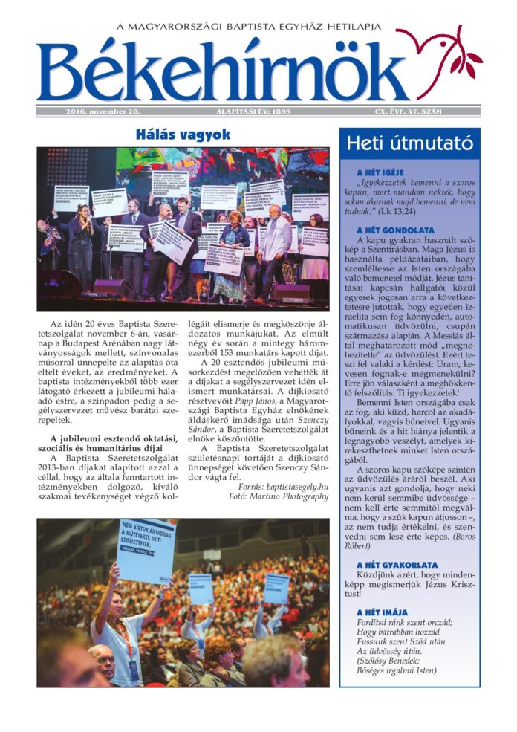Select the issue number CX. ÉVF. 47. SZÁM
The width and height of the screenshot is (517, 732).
click(x=408, y=111)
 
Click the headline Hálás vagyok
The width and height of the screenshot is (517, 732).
click(x=182, y=135)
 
